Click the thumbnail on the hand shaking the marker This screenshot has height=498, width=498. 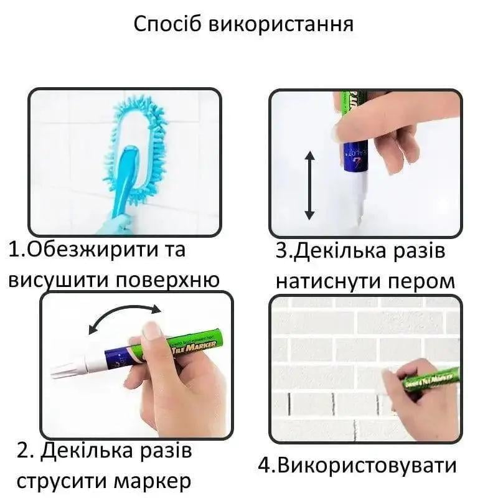[x=151, y=330]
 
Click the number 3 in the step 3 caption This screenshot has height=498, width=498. [x=283, y=252]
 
